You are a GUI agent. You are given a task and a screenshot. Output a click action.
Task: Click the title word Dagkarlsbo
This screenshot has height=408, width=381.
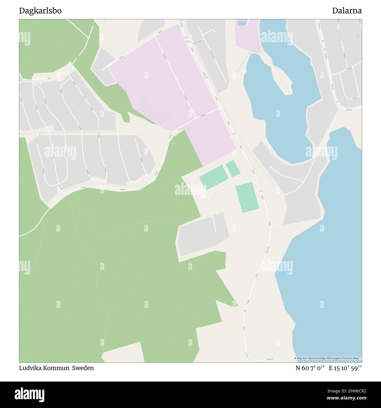click(40, 11)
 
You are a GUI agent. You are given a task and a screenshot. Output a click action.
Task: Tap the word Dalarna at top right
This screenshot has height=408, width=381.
click(347, 11)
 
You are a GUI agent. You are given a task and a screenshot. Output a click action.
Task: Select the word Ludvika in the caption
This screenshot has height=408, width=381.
click(30, 368)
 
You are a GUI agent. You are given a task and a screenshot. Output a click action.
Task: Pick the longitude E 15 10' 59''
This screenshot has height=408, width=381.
click(345, 368)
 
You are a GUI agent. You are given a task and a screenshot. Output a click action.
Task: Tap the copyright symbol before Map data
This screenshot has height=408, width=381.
click(295, 358)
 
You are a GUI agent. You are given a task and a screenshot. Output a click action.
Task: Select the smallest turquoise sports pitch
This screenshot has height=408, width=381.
click(233, 168)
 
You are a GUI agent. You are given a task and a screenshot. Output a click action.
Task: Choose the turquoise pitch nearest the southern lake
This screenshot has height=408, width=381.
click(247, 197)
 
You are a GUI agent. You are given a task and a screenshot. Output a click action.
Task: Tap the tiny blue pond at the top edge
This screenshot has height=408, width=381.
click(242, 23)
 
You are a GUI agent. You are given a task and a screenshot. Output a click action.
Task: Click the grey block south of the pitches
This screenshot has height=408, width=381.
click(203, 235)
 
